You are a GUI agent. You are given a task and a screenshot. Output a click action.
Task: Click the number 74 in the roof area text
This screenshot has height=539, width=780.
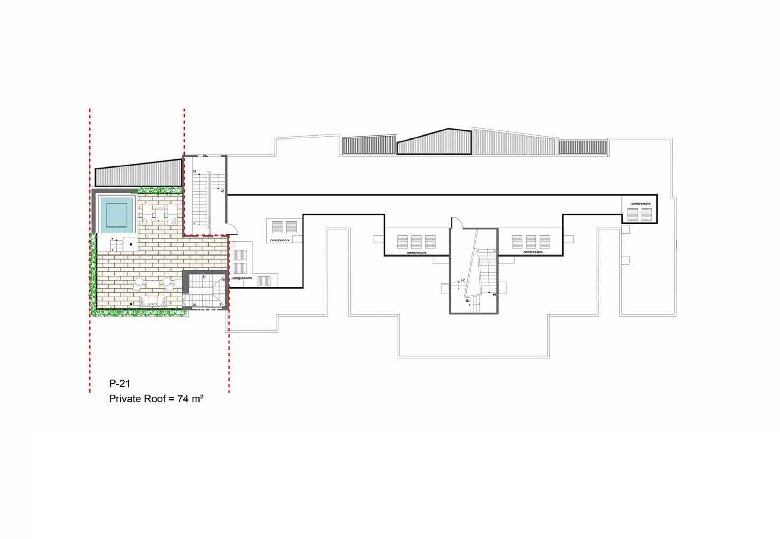[x=183, y=399]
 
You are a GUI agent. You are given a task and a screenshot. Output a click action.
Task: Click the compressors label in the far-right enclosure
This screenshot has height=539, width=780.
[x=641, y=204]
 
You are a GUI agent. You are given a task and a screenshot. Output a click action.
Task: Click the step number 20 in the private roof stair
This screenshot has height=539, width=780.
[x=194, y=305]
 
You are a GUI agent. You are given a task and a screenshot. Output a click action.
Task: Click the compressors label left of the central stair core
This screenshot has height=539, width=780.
[x=416, y=253]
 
